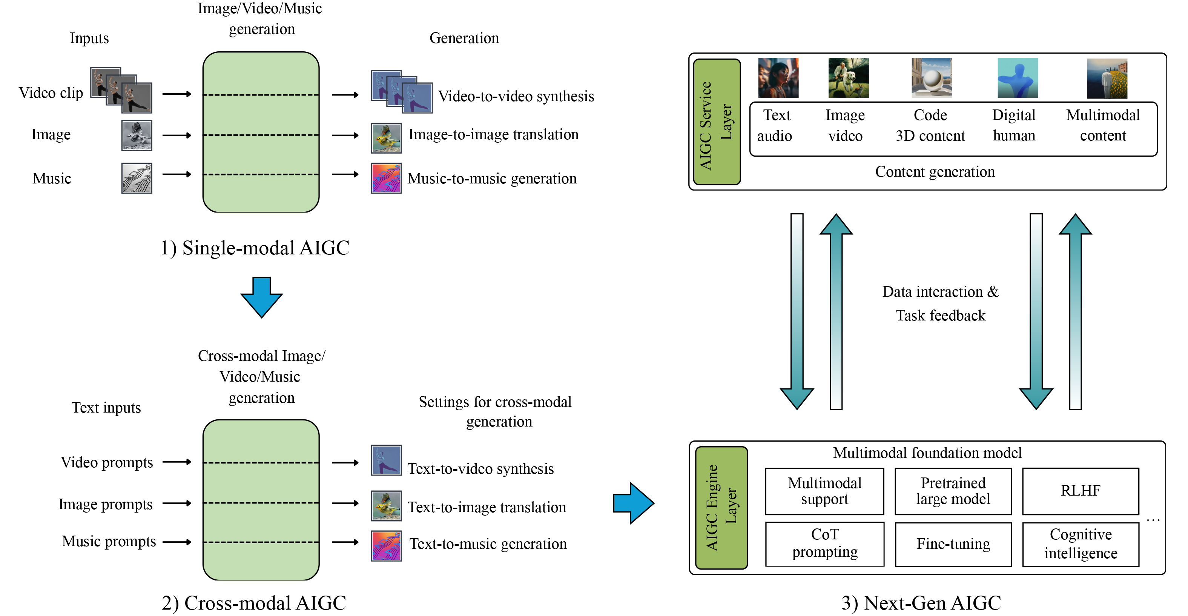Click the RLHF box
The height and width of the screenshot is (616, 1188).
[1080, 491]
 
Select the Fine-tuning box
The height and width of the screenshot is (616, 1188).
[953, 544]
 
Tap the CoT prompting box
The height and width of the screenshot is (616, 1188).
[824, 544]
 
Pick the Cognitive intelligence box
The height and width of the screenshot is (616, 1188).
[1080, 544]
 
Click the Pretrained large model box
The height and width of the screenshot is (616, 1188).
[953, 491]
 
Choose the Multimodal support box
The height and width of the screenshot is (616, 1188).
[824, 491]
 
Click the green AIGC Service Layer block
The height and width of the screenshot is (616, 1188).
[717, 122]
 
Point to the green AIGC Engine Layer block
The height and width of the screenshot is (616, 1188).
[721, 508]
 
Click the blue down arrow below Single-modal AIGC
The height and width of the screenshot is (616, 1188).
[261, 297]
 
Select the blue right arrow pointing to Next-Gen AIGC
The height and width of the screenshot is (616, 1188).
[633, 503]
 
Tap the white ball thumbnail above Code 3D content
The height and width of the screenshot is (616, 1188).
[931, 78]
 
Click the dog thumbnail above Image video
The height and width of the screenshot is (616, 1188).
[848, 78]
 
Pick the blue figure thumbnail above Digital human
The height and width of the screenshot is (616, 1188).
[1018, 78]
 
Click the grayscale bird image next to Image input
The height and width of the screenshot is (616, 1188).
[137, 136]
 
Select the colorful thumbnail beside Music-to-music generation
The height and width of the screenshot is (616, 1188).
[386, 178]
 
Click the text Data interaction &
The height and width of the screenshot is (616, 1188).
[940, 292]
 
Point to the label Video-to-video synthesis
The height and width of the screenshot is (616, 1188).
[516, 96]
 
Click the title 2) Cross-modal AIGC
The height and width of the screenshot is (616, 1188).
[254, 603]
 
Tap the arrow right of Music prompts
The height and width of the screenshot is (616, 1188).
[177, 542]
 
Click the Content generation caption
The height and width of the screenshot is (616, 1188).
[935, 172]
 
